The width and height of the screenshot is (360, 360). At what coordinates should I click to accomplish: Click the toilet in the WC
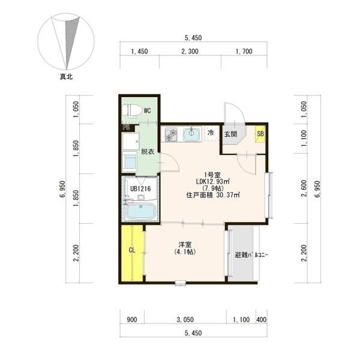132,110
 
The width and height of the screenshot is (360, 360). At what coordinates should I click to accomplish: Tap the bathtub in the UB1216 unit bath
141,211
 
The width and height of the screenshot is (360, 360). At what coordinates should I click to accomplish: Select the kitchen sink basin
191,134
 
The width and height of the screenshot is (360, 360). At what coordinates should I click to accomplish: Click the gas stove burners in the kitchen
171,134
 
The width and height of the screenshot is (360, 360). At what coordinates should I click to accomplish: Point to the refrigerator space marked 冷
211,133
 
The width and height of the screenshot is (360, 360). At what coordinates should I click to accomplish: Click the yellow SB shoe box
260,134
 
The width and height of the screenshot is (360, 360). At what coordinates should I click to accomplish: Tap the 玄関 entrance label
230,134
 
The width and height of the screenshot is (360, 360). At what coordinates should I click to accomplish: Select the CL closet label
132,250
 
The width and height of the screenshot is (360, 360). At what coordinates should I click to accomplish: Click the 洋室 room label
185,245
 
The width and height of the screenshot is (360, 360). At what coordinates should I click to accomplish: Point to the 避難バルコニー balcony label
251,255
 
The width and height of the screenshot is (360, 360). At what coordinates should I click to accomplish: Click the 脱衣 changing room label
147,152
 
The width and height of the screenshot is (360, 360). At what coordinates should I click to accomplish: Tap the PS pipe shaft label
126,127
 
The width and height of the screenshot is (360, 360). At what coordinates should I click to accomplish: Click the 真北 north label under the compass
66,77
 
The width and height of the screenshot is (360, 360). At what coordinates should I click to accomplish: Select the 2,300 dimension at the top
190,52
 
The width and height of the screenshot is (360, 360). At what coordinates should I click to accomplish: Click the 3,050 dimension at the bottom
185,320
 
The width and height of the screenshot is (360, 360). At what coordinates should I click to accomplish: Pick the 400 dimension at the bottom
261,320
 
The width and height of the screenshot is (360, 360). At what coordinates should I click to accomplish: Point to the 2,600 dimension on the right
304,188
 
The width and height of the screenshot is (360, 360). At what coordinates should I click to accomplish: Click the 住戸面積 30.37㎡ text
213,196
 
